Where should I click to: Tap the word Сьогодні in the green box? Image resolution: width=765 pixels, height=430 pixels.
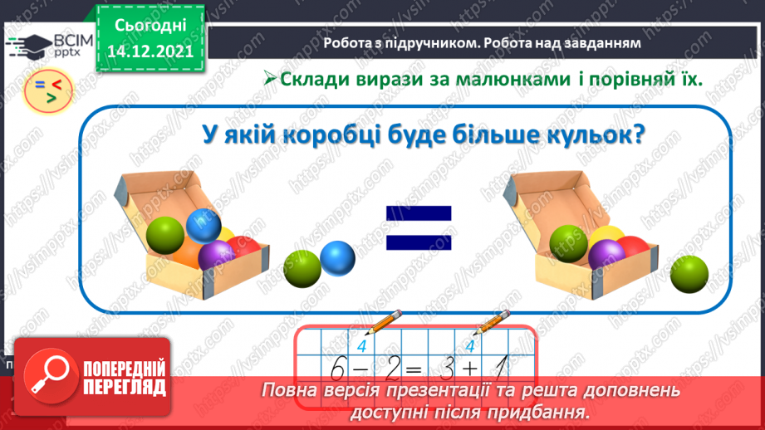click(149, 27)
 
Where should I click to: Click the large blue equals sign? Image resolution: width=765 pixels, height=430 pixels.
click(419, 228)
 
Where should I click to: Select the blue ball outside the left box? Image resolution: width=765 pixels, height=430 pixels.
click(337, 260)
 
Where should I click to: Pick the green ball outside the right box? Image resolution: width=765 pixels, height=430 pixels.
click(689, 275)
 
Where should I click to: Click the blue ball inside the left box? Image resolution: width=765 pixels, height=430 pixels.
click(203, 225)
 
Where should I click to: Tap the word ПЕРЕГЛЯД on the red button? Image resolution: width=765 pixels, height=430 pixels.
click(125, 387)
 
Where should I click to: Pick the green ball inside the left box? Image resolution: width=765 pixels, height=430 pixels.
click(165, 237)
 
